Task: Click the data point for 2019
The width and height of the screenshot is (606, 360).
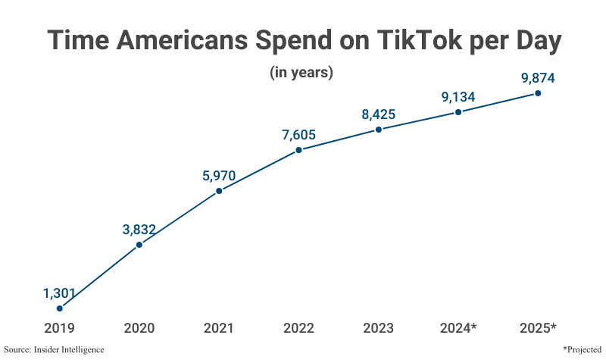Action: [x=60, y=308]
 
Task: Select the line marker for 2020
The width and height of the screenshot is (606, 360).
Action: [x=139, y=245]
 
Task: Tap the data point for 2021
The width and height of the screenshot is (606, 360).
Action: [x=219, y=191]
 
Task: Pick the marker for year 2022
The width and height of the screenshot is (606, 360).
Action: [x=298, y=150]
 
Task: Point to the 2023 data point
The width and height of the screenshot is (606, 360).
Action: [x=379, y=130]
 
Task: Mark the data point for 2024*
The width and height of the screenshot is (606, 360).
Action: [x=458, y=112]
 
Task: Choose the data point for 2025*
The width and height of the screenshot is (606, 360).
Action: [x=538, y=93]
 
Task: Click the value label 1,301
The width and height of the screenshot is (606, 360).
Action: [x=60, y=293]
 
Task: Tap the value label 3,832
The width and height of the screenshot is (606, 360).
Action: [x=139, y=230]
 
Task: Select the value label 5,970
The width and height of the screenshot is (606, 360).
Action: [x=219, y=177]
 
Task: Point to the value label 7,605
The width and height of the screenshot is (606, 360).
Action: [x=298, y=136]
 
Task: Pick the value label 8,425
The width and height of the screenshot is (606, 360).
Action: [x=379, y=115]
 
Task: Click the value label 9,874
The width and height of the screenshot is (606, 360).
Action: [x=538, y=79]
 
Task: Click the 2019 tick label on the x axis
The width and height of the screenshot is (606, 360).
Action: [x=60, y=328]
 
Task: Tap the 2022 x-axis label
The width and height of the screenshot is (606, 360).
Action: [x=298, y=328]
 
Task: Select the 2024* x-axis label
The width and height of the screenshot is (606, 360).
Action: [x=458, y=328]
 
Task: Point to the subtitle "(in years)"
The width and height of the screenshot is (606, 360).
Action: [x=301, y=74]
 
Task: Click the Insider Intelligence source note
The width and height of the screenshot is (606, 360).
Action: [x=54, y=349]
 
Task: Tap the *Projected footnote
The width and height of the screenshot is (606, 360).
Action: [x=582, y=349]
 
